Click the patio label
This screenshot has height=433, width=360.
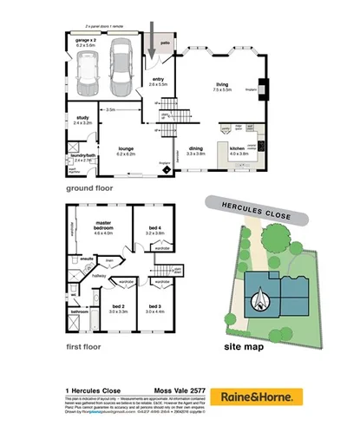[x=165, y=42]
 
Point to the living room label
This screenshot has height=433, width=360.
[x=222, y=86]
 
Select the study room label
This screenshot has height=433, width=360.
[x=82, y=120]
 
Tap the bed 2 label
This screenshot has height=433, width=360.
[x=119, y=307]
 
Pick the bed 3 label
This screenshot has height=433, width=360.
[x=155, y=307]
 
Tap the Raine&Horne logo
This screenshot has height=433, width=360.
[x=256, y=397]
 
